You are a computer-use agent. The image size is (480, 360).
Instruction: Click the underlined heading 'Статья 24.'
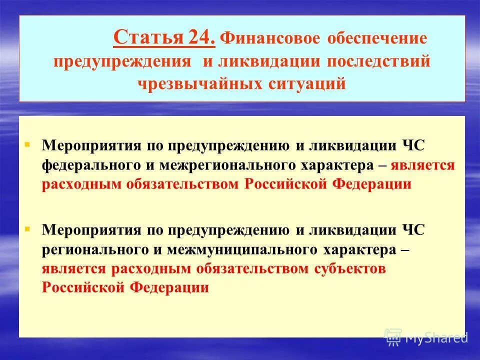click(x=164, y=38)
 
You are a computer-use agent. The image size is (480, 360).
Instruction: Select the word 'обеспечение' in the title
click(x=377, y=39)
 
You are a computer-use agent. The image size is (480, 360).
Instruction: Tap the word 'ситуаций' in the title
click(x=304, y=83)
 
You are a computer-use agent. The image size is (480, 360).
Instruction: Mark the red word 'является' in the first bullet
click(x=423, y=165)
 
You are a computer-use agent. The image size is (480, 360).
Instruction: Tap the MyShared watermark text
click(x=436, y=338)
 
